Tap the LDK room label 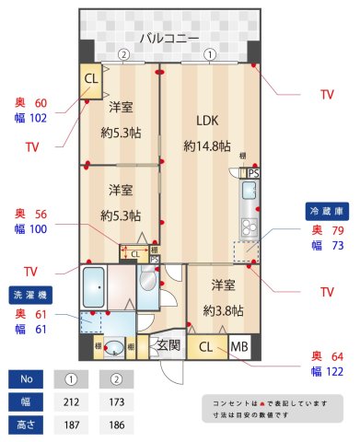(207, 119)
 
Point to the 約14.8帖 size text (206, 145)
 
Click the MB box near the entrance (239, 347)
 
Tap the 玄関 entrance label (168, 347)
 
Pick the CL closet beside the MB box (206, 347)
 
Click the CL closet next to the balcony (91, 78)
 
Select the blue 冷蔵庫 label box (326, 211)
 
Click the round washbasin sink (112, 348)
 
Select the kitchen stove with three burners (249, 227)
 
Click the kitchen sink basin (250, 192)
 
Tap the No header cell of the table (27, 378)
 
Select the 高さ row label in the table (27, 425)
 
